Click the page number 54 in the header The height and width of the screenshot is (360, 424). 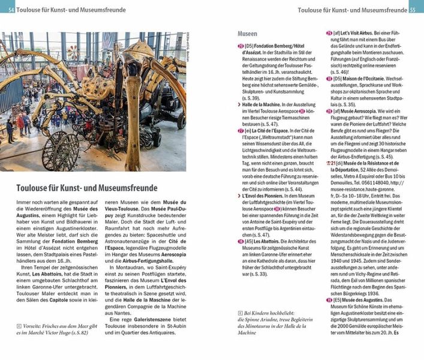11,9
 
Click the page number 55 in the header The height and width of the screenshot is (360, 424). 412,9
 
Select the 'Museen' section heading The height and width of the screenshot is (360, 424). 247,34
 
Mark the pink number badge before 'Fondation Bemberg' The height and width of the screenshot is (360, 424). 240,46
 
